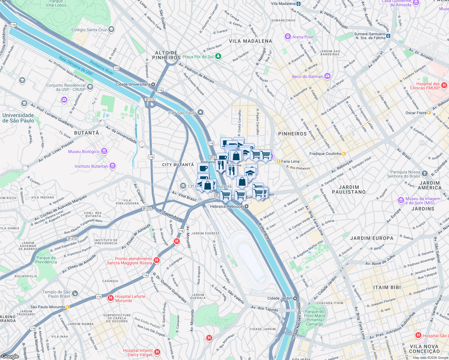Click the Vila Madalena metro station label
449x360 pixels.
283,4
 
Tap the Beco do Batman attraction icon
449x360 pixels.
327,76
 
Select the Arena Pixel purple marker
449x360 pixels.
288,37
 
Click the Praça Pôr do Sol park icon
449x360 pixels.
218,56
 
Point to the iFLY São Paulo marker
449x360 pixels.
200,112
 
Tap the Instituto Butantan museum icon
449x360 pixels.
113,166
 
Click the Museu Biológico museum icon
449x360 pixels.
104,151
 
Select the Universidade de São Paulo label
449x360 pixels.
18,118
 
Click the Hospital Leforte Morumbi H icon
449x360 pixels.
111,298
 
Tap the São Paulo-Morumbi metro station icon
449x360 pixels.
68,307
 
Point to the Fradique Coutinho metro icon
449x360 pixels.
344,154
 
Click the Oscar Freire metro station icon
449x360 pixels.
429,113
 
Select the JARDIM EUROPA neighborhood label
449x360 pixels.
372,238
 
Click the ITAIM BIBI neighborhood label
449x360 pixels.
387,287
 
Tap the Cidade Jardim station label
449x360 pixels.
280,298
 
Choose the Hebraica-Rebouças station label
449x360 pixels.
227,206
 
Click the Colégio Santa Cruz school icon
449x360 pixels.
111,29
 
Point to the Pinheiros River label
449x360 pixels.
101,68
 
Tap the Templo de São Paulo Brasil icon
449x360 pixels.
75,293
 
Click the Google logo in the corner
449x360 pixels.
10,356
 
